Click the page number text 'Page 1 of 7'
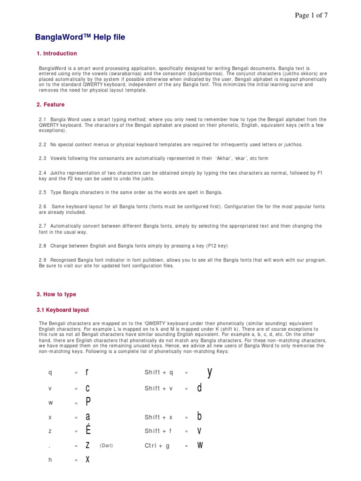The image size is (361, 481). (311, 16)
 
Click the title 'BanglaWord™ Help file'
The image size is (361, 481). (80, 38)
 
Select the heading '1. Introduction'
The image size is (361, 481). (56, 54)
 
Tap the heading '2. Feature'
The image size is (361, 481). (50, 105)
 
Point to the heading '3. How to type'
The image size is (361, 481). (56, 295)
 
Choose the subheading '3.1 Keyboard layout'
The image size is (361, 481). (63, 310)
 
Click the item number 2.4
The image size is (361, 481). (42, 173)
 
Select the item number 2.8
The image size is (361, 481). (42, 246)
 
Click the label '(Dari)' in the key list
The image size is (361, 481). (106, 445)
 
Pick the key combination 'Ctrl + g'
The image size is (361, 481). (157, 446)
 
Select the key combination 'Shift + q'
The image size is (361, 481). (159, 373)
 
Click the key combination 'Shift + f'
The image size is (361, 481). (159, 431)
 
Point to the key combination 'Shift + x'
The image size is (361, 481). (159, 417)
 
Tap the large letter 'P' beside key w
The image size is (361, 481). (87, 402)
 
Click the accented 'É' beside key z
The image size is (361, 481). (87, 430)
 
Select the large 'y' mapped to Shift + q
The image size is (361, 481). (210, 372)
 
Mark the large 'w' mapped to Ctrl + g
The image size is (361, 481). (200, 445)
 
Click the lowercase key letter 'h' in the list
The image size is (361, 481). (50, 460)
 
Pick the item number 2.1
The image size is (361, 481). (42, 120)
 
